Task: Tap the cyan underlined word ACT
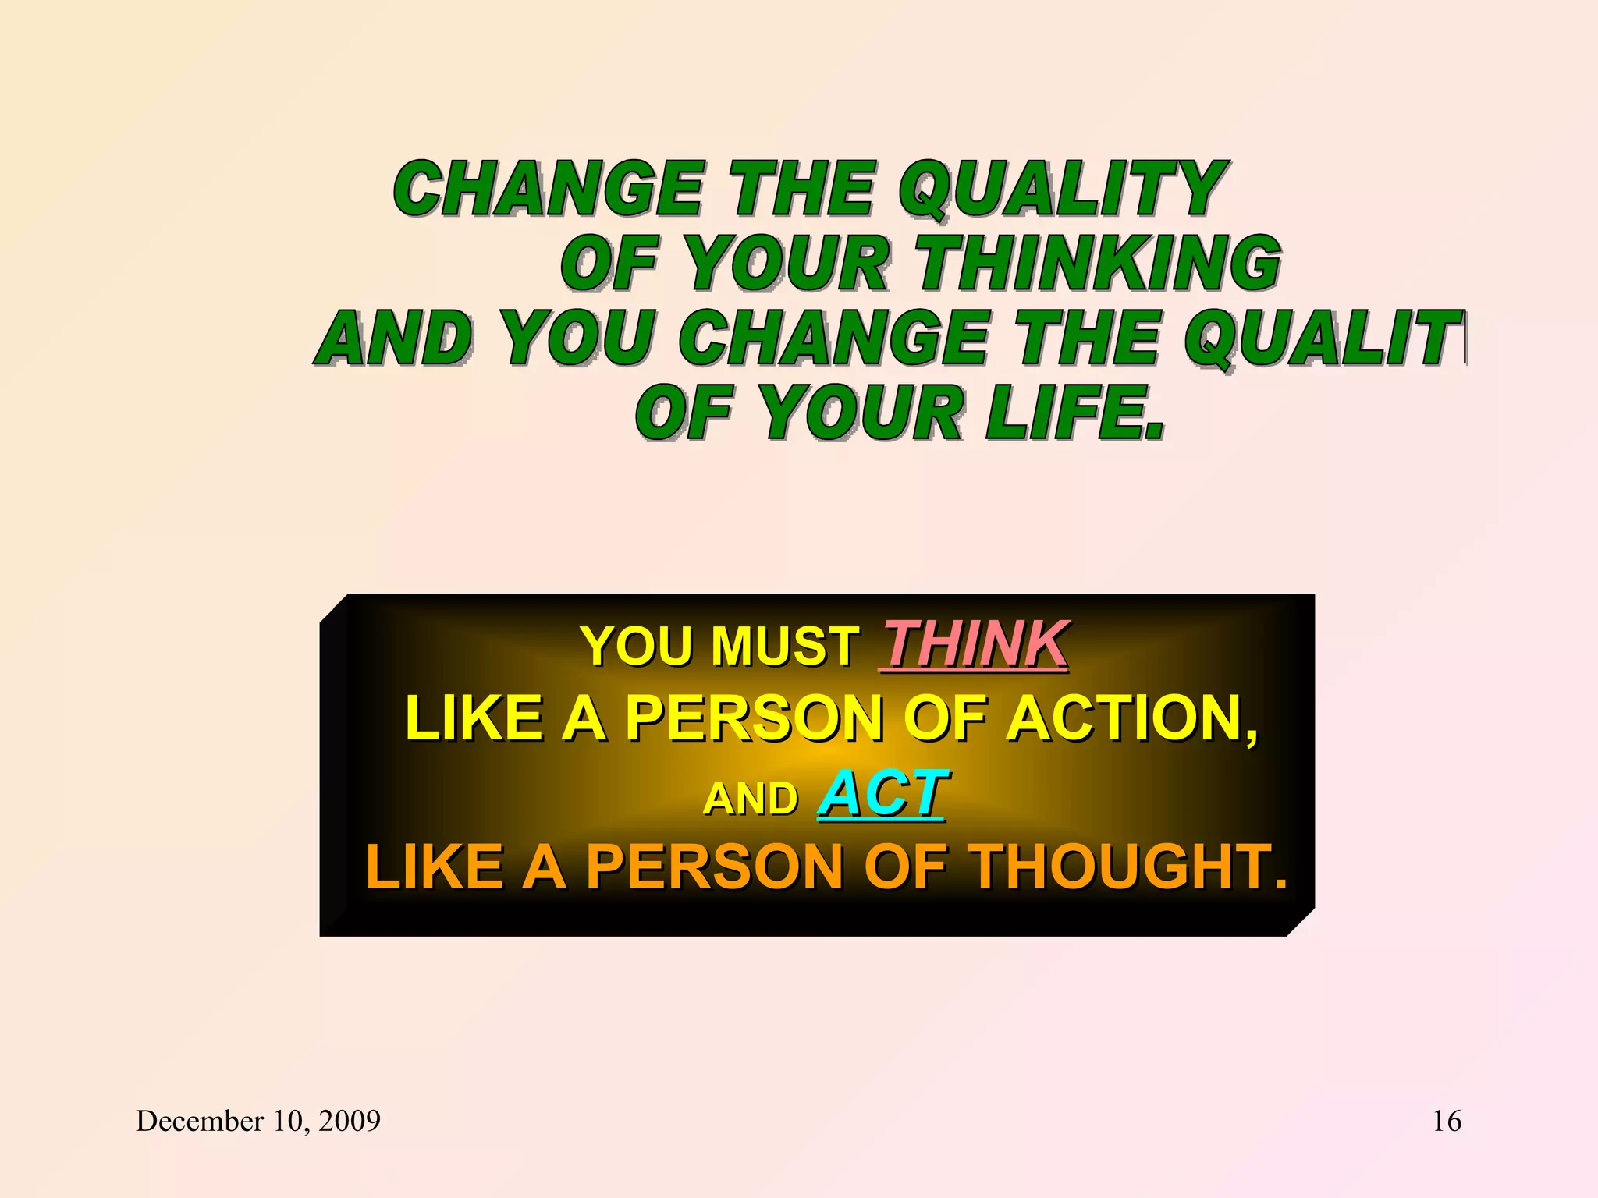point(883,794)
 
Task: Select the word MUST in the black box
point(783,647)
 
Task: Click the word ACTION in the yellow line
point(1130,718)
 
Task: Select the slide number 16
point(1447,1121)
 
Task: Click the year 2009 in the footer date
point(350,1121)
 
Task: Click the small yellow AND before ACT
point(751,799)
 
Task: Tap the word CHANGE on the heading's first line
point(548,189)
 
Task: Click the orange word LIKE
point(434,867)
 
